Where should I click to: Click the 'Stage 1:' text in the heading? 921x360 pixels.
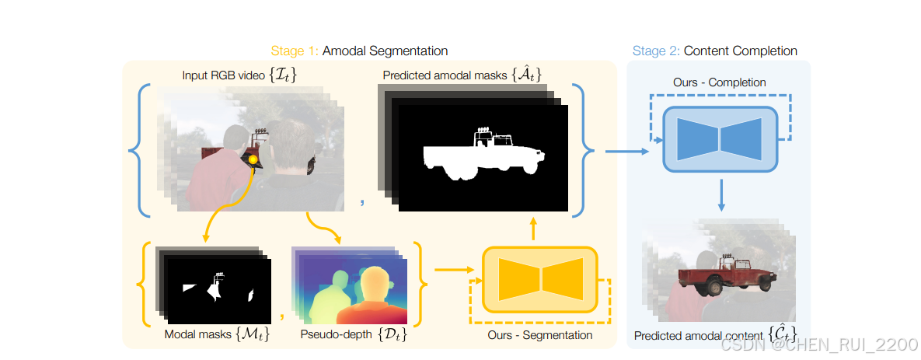295,51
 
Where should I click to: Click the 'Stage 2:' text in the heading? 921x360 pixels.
656,51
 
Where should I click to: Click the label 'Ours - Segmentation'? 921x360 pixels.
540,335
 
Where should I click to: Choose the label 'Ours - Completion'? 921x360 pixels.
719,82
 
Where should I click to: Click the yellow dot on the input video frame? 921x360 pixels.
253,159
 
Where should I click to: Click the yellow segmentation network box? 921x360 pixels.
540,279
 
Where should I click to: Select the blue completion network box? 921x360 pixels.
719,137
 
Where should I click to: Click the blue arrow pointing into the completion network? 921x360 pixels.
626,152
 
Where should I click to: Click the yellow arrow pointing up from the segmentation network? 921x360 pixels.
534,229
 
